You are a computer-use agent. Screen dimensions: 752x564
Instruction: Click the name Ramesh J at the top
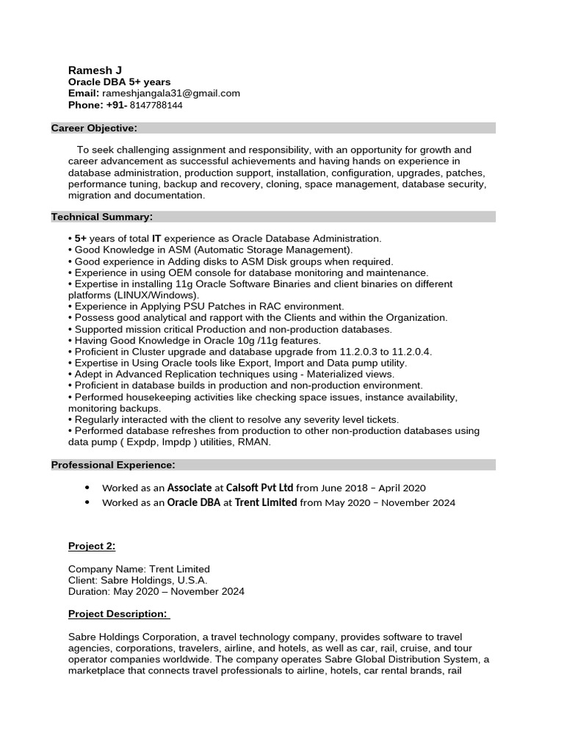pyautogui.click(x=90, y=70)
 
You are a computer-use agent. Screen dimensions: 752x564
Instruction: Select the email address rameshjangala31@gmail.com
pyautogui.click(x=171, y=93)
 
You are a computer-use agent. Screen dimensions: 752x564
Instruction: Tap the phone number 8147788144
pyautogui.click(x=156, y=105)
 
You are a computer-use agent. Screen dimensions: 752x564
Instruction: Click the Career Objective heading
pyautogui.click(x=94, y=129)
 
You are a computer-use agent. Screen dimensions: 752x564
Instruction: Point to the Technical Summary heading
pyautogui.click(x=102, y=217)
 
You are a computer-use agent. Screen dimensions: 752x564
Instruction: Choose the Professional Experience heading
pyautogui.click(x=113, y=465)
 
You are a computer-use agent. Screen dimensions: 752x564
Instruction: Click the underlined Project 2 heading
pyautogui.click(x=92, y=546)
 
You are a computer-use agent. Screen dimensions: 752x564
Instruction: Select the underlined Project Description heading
pyautogui.click(x=117, y=614)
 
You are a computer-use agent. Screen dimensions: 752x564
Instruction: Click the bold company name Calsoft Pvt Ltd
pyautogui.click(x=259, y=488)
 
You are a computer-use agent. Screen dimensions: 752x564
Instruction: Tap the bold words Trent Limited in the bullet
pyautogui.click(x=266, y=503)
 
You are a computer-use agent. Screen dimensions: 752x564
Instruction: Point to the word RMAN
pyautogui.click(x=254, y=442)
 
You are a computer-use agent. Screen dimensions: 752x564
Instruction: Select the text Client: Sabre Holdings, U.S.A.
pyautogui.click(x=138, y=580)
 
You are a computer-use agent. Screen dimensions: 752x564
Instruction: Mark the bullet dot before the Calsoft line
pyautogui.click(x=87, y=488)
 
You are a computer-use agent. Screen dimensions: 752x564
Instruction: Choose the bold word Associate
pyautogui.click(x=189, y=488)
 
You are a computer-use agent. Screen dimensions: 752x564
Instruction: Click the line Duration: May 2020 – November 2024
pyautogui.click(x=156, y=591)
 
